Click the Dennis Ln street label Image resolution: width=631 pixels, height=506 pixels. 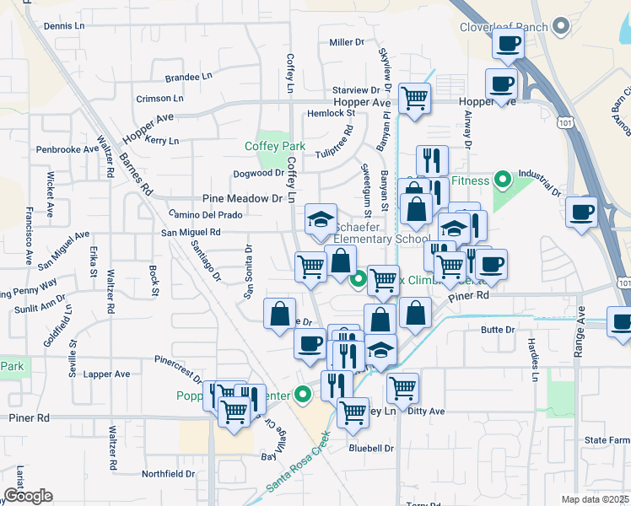click(x=65, y=26)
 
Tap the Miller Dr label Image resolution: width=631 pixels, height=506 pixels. click(x=346, y=41)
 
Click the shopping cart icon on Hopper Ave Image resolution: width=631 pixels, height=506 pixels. click(x=414, y=98)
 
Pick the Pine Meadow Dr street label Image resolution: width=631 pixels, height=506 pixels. click(x=242, y=199)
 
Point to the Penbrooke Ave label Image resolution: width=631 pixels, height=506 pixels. click(x=67, y=149)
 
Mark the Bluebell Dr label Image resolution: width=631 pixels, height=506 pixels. click(x=371, y=449)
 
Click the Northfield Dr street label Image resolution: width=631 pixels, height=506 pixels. click(x=168, y=473)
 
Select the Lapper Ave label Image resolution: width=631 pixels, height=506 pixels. click(x=107, y=374)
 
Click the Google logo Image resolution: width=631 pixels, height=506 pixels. click(x=28, y=496)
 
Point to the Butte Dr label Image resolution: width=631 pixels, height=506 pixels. click(x=497, y=330)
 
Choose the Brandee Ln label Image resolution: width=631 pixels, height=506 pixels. click(x=188, y=76)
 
